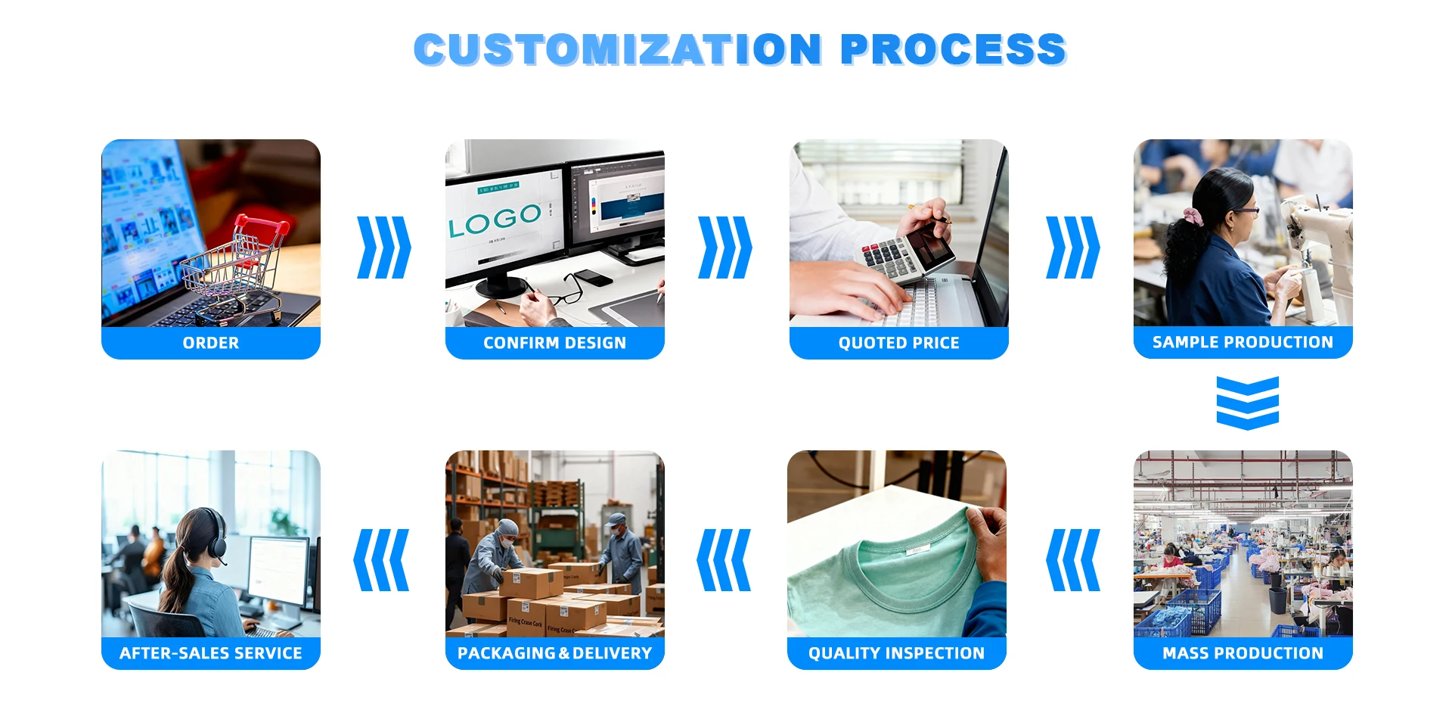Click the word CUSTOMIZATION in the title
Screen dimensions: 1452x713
pyautogui.click(x=618, y=49)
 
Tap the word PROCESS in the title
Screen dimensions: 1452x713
pyautogui.click(x=953, y=49)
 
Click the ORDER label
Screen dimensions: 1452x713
pyautogui.click(x=211, y=343)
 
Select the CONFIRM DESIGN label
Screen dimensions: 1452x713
pyautogui.click(x=555, y=343)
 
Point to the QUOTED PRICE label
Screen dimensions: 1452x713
pyautogui.click(x=899, y=343)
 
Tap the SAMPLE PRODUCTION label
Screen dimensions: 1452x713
pyautogui.click(x=1243, y=342)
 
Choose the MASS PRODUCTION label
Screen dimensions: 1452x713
pyautogui.click(x=1243, y=653)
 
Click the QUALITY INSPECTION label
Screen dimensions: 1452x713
pyautogui.click(x=897, y=653)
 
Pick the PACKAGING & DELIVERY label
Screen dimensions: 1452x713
pyautogui.click(x=555, y=653)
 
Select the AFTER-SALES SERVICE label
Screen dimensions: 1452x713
pyautogui.click(x=211, y=653)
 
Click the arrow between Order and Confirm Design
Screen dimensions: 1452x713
pyautogui.click(x=384, y=248)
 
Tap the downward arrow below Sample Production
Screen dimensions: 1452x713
pyautogui.click(x=1248, y=403)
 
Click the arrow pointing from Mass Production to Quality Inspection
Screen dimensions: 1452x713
pyautogui.click(x=1073, y=560)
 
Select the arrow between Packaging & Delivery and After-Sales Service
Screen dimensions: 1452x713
pyautogui.click(x=381, y=560)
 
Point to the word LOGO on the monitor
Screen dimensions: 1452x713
pyautogui.click(x=495, y=220)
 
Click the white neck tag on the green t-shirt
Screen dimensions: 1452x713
pyautogui.click(x=918, y=551)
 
